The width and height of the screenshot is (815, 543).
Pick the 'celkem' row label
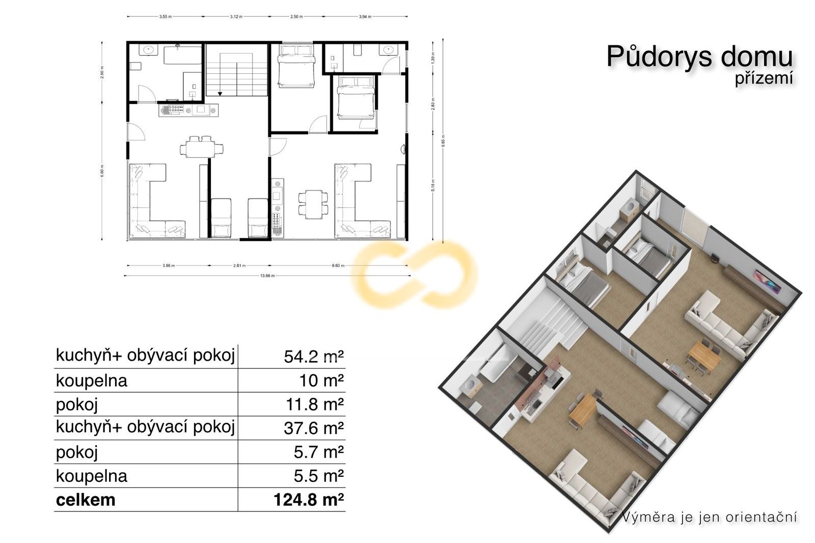click(86, 500)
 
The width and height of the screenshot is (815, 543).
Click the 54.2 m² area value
click(314, 357)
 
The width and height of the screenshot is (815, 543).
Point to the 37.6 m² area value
click(314, 428)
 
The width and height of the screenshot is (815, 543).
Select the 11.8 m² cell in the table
click(314, 404)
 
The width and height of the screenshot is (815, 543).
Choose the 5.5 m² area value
click(318, 476)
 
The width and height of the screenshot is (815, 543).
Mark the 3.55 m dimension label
click(165, 16)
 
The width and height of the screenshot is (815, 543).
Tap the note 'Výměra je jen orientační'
click(710, 518)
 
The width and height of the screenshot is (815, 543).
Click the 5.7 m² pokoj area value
click(318, 452)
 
